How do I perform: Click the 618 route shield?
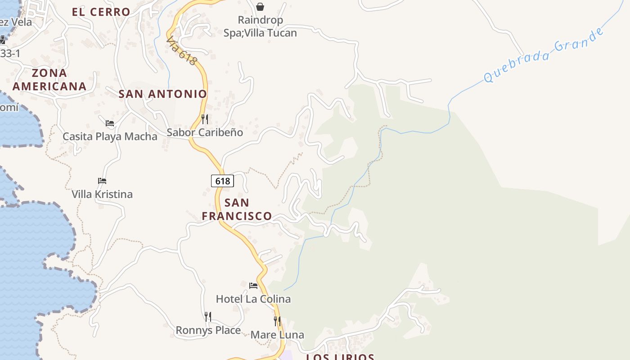pos(222,181)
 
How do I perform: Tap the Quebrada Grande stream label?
pos(543,56)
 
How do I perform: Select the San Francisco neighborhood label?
pos(237,209)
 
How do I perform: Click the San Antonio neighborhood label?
pos(162,94)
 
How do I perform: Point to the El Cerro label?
pos(101,12)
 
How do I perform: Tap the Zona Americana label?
pos(49,80)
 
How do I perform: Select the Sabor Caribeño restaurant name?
pos(205,132)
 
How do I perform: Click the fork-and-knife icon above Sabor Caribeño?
pos(205,119)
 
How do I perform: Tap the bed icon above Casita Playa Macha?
pos(110,123)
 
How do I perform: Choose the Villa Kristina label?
pos(102,194)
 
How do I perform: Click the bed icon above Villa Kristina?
pos(102,181)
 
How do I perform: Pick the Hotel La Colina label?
pos(253,299)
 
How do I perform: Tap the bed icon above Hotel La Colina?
pos(253,285)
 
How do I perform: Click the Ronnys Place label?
pos(208,330)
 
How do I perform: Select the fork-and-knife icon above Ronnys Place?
pos(208,317)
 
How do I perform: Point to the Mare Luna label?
pos(277,335)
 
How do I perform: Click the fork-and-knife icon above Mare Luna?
pos(277,321)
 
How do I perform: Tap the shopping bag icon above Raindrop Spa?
pos(260,6)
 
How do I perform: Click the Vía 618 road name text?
pos(181,51)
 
